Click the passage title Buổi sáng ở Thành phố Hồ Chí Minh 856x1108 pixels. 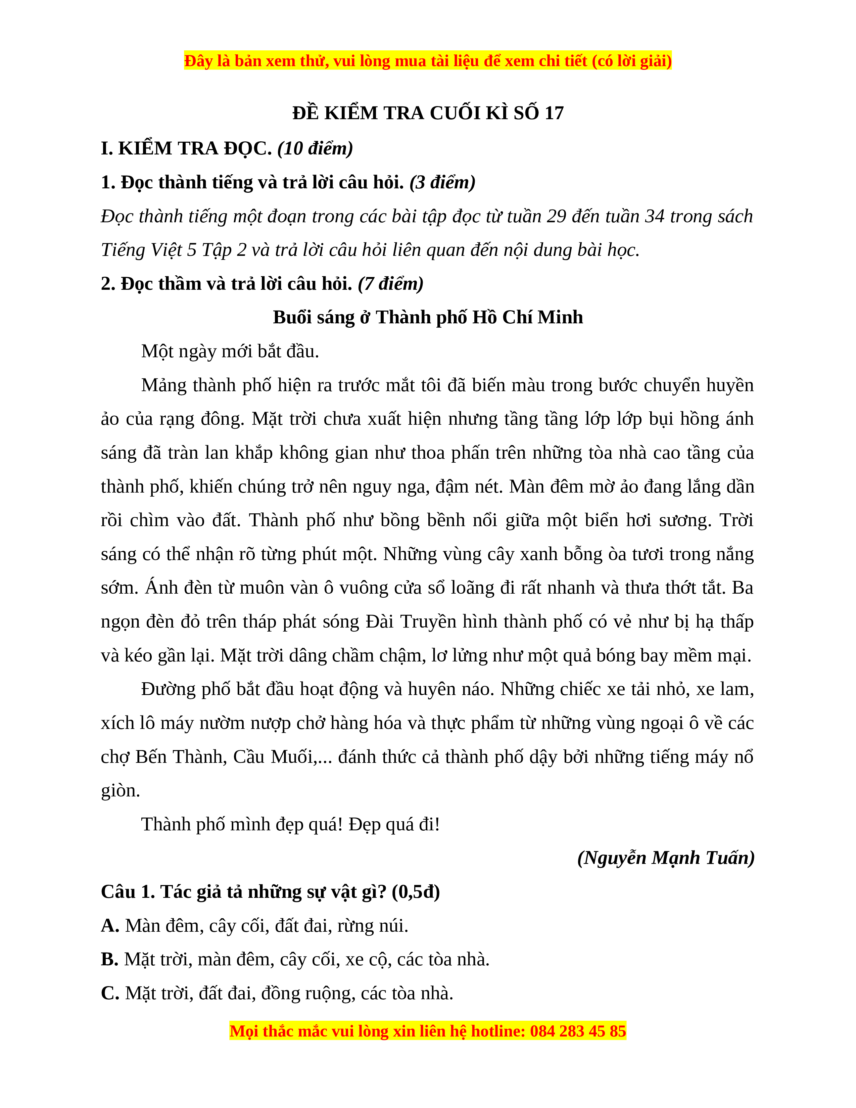[427, 317]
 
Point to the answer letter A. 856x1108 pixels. [109, 926]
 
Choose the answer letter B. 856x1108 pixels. [109, 959]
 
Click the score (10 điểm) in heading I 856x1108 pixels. [315, 149]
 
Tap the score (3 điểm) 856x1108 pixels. [442, 182]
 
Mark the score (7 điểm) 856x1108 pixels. [390, 284]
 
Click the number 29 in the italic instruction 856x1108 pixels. [556, 217]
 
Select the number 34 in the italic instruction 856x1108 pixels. [655, 217]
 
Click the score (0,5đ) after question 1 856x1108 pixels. [415, 892]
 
